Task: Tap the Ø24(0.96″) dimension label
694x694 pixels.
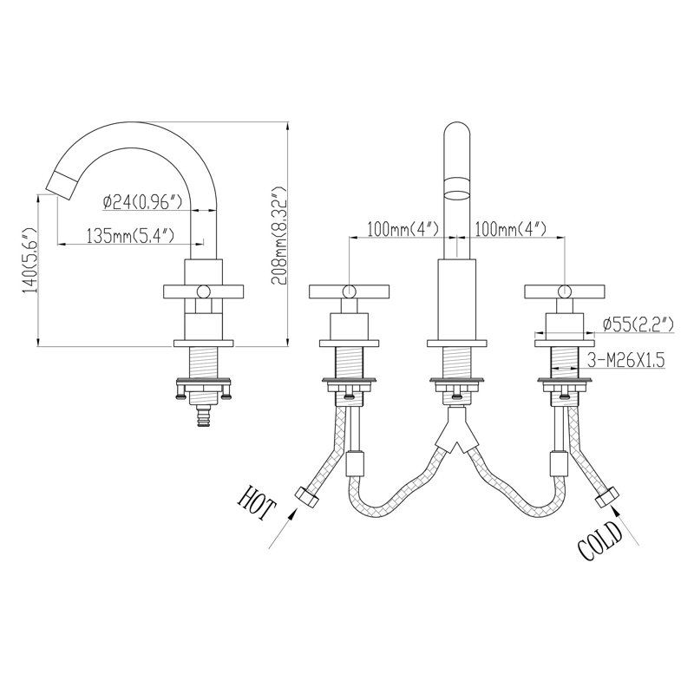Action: (142, 202)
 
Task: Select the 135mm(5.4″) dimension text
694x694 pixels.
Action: (129, 235)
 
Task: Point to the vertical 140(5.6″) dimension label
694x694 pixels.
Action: (30, 260)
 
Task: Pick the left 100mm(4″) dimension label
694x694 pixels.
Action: (403, 229)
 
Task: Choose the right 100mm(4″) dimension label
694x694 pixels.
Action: (510, 229)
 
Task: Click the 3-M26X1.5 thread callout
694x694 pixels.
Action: (625, 360)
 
